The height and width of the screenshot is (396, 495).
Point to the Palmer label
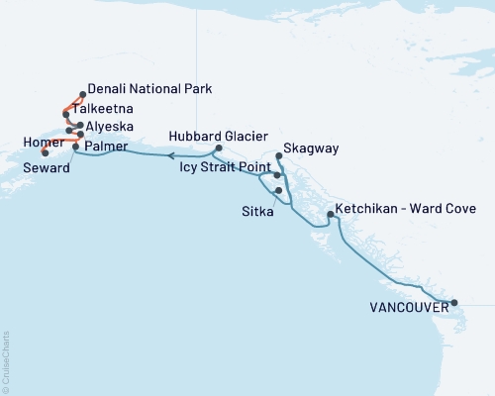click(106, 147)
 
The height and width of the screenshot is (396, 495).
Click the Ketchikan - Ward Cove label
click(406, 209)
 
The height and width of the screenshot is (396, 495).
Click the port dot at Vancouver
click(453, 303)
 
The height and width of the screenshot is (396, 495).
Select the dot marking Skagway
click(277, 156)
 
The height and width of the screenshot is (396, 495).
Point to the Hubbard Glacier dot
click(217, 149)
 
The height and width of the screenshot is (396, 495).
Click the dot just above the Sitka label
click(279, 190)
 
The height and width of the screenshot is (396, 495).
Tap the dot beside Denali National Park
click(81, 95)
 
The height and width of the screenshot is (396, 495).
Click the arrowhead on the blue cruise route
click(169, 155)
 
